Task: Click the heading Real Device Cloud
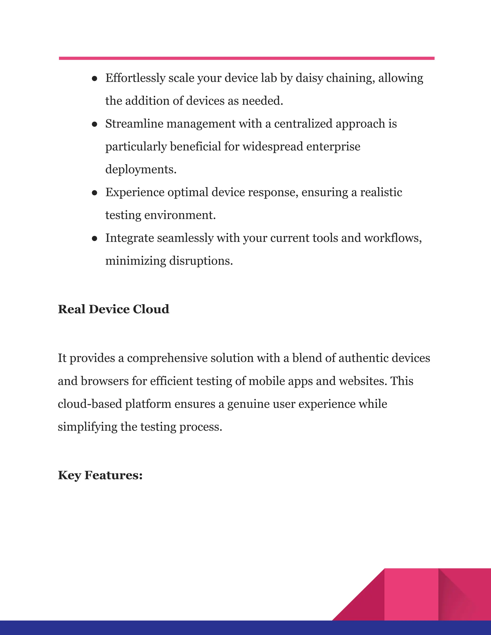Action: point(113,309)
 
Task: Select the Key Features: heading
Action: point(100,475)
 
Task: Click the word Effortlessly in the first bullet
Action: point(135,78)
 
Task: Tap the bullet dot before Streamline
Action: point(94,124)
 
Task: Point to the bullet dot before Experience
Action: point(94,193)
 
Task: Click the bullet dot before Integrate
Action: point(94,238)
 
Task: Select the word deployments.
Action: point(141,169)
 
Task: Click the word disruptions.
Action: point(201,261)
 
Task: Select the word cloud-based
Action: point(90,404)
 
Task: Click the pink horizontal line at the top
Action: point(247,58)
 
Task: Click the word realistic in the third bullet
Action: point(381,192)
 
